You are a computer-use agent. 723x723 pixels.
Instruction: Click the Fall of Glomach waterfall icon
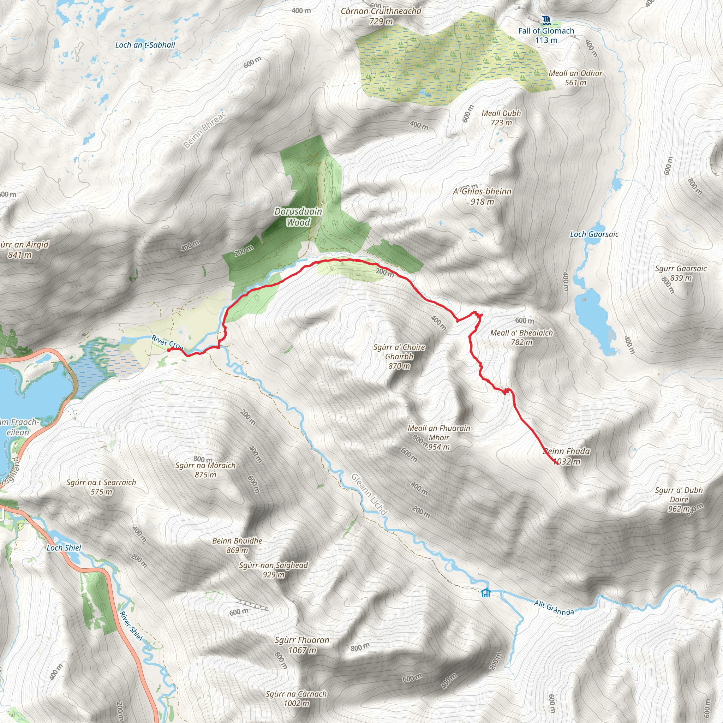[x=546, y=20]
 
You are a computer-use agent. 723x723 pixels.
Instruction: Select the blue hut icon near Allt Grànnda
[x=485, y=593]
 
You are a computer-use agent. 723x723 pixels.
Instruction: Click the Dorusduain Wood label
[x=298, y=217]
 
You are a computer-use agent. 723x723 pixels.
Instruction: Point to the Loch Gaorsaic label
[x=594, y=234]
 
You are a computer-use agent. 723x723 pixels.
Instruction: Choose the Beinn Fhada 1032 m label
[x=566, y=456]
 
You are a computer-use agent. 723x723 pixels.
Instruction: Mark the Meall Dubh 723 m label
[x=501, y=118]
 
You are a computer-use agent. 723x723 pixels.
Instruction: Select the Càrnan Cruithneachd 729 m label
[x=381, y=16]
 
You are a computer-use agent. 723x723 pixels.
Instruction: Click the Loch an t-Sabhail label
[x=145, y=45]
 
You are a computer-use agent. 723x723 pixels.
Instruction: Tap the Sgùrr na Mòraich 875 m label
[x=205, y=470]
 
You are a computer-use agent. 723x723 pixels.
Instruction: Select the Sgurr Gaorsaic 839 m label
[x=681, y=273]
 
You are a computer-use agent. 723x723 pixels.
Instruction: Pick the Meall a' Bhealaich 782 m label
[x=521, y=337]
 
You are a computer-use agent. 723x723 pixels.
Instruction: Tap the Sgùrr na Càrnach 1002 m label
[x=296, y=699]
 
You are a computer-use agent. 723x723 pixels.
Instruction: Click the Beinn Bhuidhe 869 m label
[x=237, y=545]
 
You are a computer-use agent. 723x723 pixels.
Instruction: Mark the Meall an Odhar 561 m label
[x=575, y=78]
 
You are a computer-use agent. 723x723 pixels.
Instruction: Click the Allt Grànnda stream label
[x=554, y=608]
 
